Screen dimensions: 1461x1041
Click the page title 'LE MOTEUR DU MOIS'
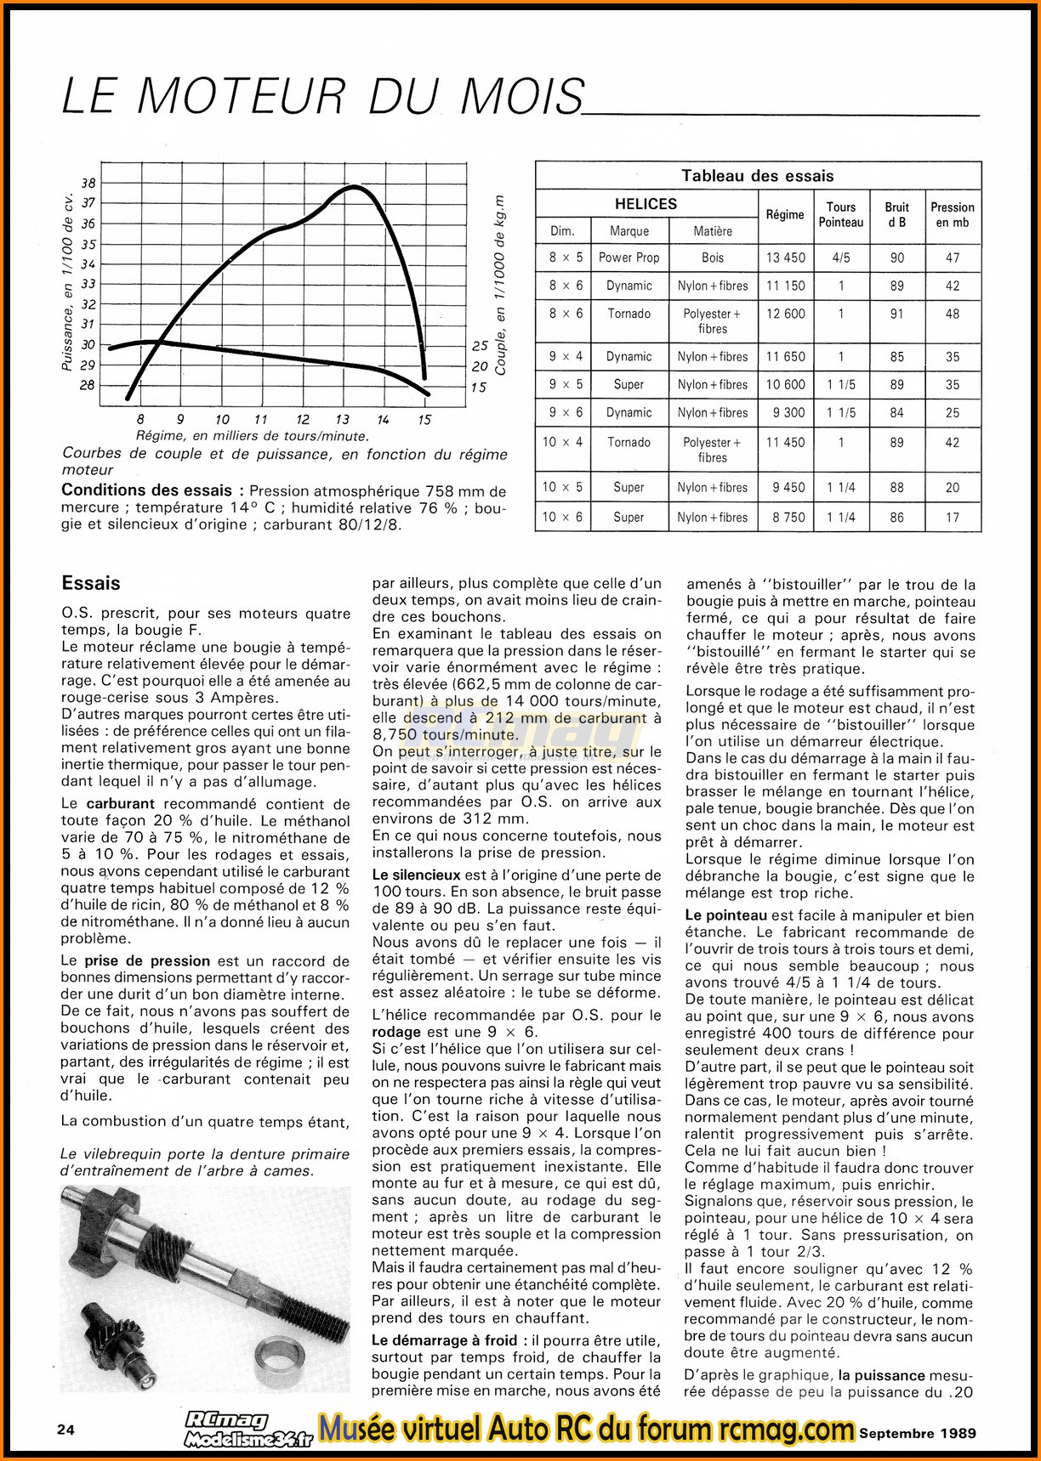coord(323,95)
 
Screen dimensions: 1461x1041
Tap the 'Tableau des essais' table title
coord(757,176)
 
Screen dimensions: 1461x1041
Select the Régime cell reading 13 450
coord(785,258)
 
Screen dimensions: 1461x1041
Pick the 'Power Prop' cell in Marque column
coord(629,258)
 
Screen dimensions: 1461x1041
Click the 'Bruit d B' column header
coord(896,215)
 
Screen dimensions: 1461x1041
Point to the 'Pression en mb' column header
coord(952,215)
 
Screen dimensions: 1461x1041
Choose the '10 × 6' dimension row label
coord(566,517)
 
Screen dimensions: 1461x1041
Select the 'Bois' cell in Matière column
coord(713,258)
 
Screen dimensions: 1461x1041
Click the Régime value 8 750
coord(785,517)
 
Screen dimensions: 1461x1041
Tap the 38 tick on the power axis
coord(88,183)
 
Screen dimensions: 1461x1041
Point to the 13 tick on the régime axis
coord(342,419)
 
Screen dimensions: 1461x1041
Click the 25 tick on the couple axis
coord(480,346)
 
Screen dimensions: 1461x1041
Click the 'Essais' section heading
coord(91,583)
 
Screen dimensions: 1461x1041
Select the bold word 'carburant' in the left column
coord(119,803)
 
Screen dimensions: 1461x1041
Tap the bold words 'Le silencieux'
coord(415,875)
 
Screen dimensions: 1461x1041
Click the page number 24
coord(65,1430)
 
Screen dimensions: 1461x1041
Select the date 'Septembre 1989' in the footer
coord(917,1432)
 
